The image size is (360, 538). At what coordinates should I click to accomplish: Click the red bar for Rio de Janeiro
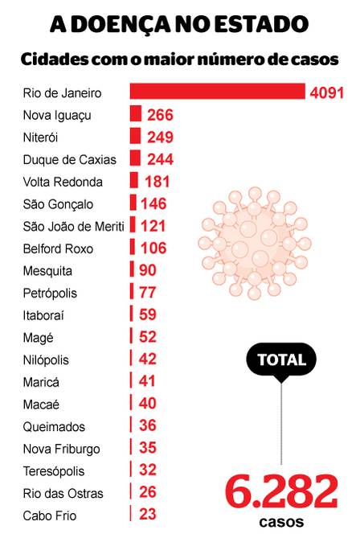[218, 91]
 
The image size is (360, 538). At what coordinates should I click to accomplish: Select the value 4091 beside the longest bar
[327, 92]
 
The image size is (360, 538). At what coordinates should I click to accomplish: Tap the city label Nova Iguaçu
[57, 116]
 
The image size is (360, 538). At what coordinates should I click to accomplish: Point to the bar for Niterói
[136, 136]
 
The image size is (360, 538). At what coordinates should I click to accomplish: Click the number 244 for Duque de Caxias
[160, 159]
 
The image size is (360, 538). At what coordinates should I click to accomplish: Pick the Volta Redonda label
[63, 182]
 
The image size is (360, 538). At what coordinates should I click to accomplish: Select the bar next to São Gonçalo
[133, 202]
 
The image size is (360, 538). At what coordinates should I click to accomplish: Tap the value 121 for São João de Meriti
[153, 226]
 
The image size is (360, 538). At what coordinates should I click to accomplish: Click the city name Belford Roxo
[58, 248]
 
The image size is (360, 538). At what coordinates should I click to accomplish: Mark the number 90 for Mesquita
[148, 270]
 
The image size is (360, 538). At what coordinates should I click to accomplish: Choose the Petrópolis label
[50, 294]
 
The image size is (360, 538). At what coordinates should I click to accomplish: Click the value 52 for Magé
[148, 337]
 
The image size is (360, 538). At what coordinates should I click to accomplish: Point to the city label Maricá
[41, 382]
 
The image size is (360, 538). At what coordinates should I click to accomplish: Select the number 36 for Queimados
[148, 425]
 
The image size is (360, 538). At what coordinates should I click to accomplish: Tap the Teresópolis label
[54, 471]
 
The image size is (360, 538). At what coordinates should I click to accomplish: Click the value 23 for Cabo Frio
[148, 515]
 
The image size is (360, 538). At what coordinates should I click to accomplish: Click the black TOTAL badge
[281, 359]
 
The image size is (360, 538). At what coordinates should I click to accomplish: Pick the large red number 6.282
[281, 491]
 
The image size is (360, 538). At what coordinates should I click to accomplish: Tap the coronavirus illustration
[255, 244]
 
